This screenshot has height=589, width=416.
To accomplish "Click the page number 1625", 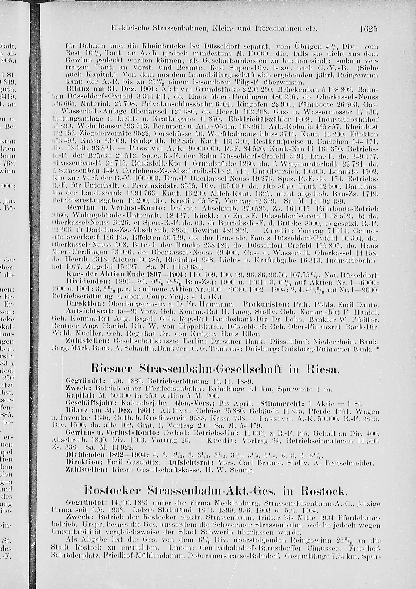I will (x=367, y=29).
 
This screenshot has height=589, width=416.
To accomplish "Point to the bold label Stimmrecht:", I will (x=276, y=403).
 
